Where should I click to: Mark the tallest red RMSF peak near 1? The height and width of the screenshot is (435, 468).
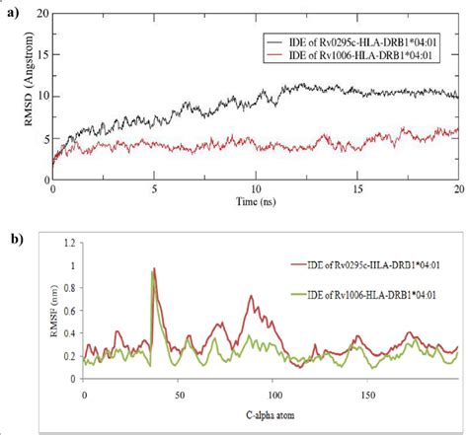[x=154, y=269]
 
